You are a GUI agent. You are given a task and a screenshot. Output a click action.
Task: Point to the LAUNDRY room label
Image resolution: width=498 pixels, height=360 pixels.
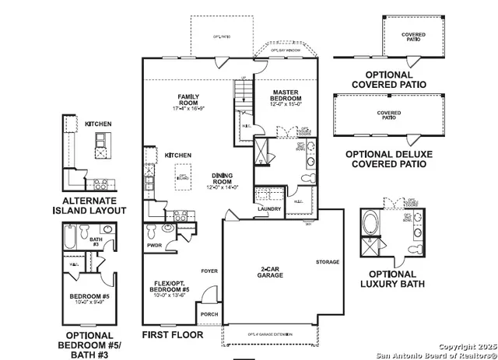[x=269, y=208]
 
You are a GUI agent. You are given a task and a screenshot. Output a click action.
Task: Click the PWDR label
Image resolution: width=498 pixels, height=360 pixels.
[x=153, y=246]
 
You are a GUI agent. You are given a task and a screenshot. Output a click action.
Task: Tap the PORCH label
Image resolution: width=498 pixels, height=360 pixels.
[x=209, y=316]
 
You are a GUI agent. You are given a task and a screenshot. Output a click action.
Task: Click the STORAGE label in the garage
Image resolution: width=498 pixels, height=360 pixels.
[x=328, y=262]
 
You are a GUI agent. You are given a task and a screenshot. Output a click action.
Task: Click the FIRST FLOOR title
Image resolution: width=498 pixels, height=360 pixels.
[x=172, y=335]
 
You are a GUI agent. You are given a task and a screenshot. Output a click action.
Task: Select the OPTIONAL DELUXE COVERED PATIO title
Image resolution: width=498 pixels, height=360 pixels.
[x=386, y=159]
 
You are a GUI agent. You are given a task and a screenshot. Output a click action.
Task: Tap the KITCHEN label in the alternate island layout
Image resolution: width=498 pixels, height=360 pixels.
[x=99, y=124]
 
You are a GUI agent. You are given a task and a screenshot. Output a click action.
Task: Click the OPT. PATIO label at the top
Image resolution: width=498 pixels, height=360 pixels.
[x=222, y=36]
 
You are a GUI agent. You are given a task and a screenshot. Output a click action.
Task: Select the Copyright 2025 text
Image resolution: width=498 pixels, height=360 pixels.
[x=465, y=346]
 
